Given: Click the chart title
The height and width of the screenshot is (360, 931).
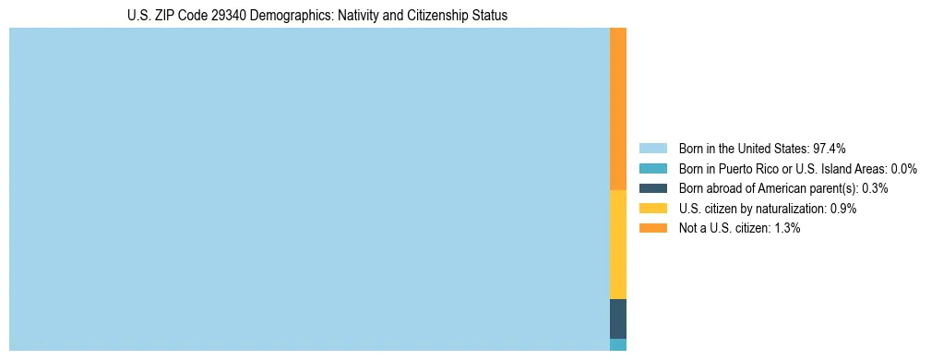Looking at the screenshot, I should click(316, 16).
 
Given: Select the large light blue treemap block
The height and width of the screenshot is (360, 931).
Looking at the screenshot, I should click(309, 189).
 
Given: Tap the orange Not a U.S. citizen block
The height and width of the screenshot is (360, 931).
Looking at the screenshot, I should click(618, 109).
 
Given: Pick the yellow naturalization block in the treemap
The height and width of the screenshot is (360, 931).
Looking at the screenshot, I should click(618, 245).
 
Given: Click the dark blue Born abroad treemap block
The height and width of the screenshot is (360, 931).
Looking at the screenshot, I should click(618, 318).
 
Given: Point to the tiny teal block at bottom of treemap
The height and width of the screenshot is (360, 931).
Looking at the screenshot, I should click(618, 344).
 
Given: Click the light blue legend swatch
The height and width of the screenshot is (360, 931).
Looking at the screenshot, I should click(652, 149).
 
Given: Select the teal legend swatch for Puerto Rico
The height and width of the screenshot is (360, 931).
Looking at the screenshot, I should click(652, 169).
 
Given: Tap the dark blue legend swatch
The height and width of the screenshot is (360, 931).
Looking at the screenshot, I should click(652, 188).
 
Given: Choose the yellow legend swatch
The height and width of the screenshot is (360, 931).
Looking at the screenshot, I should click(652, 209).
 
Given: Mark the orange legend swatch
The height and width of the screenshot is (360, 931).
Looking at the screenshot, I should click(652, 228).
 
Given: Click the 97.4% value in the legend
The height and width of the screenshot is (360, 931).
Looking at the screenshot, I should click(830, 149).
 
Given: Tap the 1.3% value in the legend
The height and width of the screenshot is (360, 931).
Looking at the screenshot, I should click(785, 228).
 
